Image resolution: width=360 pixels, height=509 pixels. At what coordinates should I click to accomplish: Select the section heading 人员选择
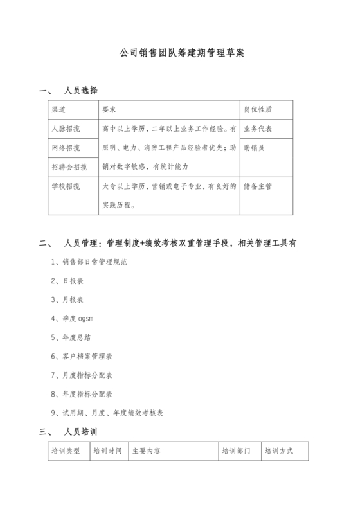click(80, 90)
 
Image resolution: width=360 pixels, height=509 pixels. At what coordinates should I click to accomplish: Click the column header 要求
click(109, 109)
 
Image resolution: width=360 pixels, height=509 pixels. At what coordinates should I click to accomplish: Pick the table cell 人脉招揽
click(66, 129)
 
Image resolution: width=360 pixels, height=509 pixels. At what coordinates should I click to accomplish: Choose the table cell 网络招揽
click(66, 148)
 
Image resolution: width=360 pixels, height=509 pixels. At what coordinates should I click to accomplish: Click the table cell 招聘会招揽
click(69, 167)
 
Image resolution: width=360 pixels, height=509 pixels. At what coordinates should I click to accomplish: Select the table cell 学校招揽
click(66, 186)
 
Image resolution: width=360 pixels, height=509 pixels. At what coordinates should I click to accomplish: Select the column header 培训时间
click(107, 451)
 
